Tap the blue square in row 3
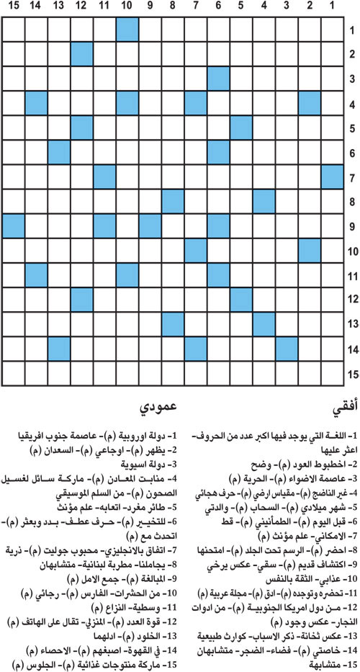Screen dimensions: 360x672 coord(217,78)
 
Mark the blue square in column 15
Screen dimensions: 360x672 coord(14,225)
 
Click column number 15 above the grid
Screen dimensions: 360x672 coord(14,7)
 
